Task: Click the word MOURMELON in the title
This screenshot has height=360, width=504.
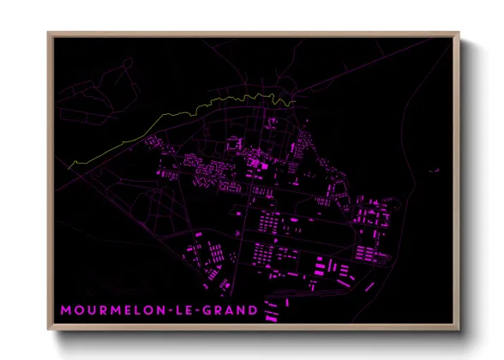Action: (116, 309)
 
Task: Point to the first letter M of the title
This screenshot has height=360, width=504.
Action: (66, 309)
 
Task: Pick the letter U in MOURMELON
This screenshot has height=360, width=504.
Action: (92, 309)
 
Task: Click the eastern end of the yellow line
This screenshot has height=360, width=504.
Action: (296, 103)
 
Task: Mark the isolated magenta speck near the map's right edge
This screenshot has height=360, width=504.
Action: (435, 169)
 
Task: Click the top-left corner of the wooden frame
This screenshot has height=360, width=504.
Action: (48, 33)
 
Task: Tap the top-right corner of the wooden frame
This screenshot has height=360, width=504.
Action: (459, 33)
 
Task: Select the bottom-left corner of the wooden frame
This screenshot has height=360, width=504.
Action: (48, 330)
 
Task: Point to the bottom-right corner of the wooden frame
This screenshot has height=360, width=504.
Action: (459, 330)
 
